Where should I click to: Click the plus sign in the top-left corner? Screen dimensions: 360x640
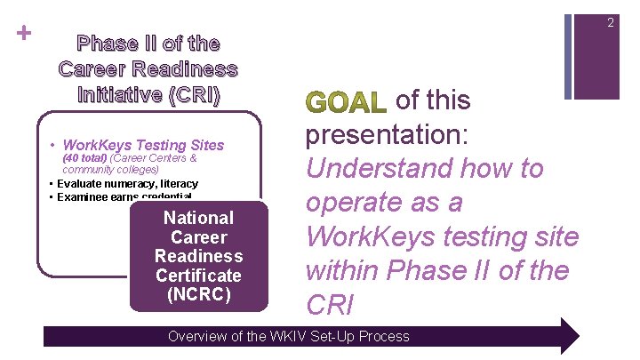coord(24,33)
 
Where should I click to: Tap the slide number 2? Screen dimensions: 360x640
coord(610,22)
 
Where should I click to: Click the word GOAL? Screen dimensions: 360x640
coord(345,103)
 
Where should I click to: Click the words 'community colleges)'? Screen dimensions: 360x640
coord(111,169)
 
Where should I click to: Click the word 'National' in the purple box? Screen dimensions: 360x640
coord(198,218)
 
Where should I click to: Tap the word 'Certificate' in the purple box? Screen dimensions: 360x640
coord(198,276)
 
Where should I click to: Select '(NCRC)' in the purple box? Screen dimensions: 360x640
coord(198,295)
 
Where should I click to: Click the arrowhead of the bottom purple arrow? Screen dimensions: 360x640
coord(564,336)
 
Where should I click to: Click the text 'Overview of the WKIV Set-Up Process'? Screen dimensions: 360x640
coord(289,336)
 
